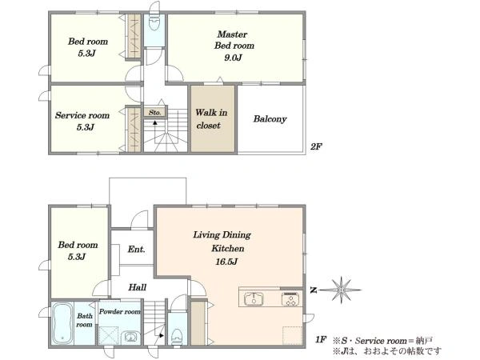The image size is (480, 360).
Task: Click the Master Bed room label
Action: click(x=234, y=40)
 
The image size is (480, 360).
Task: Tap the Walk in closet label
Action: click(x=211, y=118)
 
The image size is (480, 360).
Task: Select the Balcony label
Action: click(x=270, y=118)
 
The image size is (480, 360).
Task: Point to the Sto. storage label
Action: click(x=155, y=112)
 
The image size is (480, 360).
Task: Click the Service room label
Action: click(x=82, y=115)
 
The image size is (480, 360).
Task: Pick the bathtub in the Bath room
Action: click(x=62, y=323)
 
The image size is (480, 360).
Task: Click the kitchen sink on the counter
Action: click(x=254, y=298)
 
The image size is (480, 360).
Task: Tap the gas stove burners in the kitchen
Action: click(x=290, y=299)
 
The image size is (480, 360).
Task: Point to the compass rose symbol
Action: click(x=341, y=290)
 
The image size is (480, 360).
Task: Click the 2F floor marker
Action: click(x=316, y=146)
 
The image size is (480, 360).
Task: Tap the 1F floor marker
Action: click(x=321, y=339)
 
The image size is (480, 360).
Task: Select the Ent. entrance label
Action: click(x=136, y=249)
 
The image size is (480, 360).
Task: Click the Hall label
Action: click(x=137, y=287)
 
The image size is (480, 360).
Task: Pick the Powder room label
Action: click(x=120, y=312)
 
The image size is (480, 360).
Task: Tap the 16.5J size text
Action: click(x=226, y=262)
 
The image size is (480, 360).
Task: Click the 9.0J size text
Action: click(x=234, y=58)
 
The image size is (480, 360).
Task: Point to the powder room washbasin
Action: click(x=130, y=338)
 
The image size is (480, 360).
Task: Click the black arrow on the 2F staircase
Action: click(x=155, y=122)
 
